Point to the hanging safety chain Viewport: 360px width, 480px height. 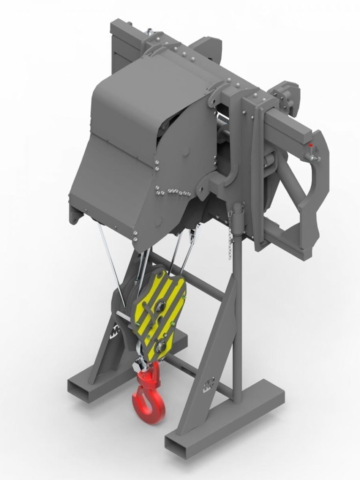(230, 234)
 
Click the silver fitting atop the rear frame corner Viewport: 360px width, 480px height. (149, 32)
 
